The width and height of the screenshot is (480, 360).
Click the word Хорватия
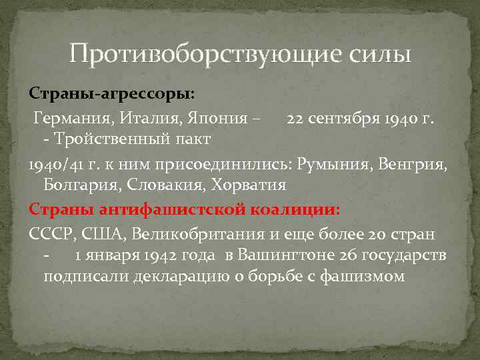(x=246, y=184)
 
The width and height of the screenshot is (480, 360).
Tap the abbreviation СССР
(x=51, y=234)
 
